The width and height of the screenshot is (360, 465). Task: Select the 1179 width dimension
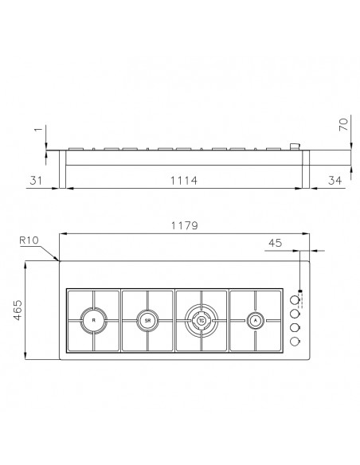point(184,226)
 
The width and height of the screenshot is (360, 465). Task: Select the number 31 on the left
point(35,182)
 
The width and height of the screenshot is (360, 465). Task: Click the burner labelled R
point(93,321)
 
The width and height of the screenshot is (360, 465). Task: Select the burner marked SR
point(147,321)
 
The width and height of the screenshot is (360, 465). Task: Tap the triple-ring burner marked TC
point(202,321)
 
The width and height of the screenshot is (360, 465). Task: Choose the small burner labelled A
point(255,321)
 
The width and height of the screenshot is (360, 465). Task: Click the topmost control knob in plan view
point(295,300)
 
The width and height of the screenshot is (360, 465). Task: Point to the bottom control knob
point(295,341)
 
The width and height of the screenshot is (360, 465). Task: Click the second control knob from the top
point(295,314)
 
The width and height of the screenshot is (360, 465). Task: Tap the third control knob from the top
point(295,327)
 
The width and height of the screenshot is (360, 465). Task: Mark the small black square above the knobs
point(300,291)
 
